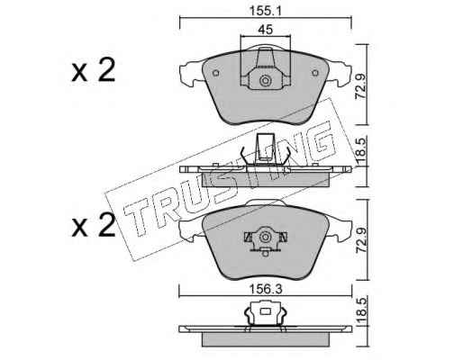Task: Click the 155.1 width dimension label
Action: click(x=265, y=11)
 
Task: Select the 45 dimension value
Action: click(x=266, y=30)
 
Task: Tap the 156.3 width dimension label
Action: click(x=266, y=290)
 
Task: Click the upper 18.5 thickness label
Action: click(x=360, y=152)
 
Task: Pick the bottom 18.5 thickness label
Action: click(x=360, y=311)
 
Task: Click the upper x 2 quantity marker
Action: click(x=93, y=71)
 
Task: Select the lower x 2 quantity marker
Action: click(x=93, y=226)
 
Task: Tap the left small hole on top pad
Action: click(x=215, y=73)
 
